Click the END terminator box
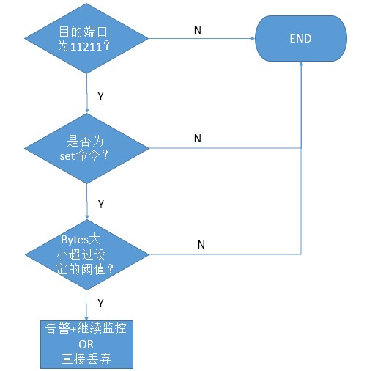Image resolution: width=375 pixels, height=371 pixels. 300,38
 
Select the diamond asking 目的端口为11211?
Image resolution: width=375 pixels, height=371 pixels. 88,38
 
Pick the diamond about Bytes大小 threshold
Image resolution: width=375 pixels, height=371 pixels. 88,254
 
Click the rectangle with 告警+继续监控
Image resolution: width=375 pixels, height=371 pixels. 86,328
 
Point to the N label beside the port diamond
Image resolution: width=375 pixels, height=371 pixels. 197,29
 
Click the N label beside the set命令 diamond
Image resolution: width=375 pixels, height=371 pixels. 197,138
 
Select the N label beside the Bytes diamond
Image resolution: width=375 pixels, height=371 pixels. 201,245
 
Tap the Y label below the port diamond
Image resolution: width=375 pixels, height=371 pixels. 101,95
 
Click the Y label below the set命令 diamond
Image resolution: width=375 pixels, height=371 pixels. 101,203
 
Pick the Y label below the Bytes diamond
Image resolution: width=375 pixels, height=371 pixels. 100,302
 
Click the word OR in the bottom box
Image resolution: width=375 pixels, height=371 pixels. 86,344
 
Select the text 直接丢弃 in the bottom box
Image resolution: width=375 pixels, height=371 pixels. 86,359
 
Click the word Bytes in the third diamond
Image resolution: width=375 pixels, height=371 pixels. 73,240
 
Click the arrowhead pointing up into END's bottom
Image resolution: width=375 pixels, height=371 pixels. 300,65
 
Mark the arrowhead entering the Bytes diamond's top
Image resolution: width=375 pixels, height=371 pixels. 88,217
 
